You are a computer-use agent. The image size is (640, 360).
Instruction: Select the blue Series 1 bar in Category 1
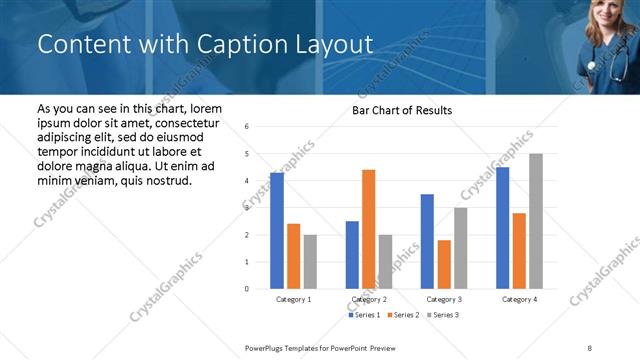(277, 230)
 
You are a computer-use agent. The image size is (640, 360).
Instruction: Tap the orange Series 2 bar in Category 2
(368, 229)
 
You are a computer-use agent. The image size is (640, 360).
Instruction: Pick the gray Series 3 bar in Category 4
(536, 221)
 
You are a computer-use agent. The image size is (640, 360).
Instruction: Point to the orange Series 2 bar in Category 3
(444, 264)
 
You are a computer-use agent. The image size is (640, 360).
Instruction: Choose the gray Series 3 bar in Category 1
(310, 262)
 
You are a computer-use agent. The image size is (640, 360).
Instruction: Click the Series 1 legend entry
(365, 315)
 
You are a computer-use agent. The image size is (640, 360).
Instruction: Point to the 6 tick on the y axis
(246, 127)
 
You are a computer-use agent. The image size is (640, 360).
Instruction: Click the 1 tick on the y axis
(246, 262)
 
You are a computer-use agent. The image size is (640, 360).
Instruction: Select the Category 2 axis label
(369, 299)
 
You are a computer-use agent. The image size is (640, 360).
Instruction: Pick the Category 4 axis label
(519, 299)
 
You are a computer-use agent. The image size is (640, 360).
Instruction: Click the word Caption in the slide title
(234, 45)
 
